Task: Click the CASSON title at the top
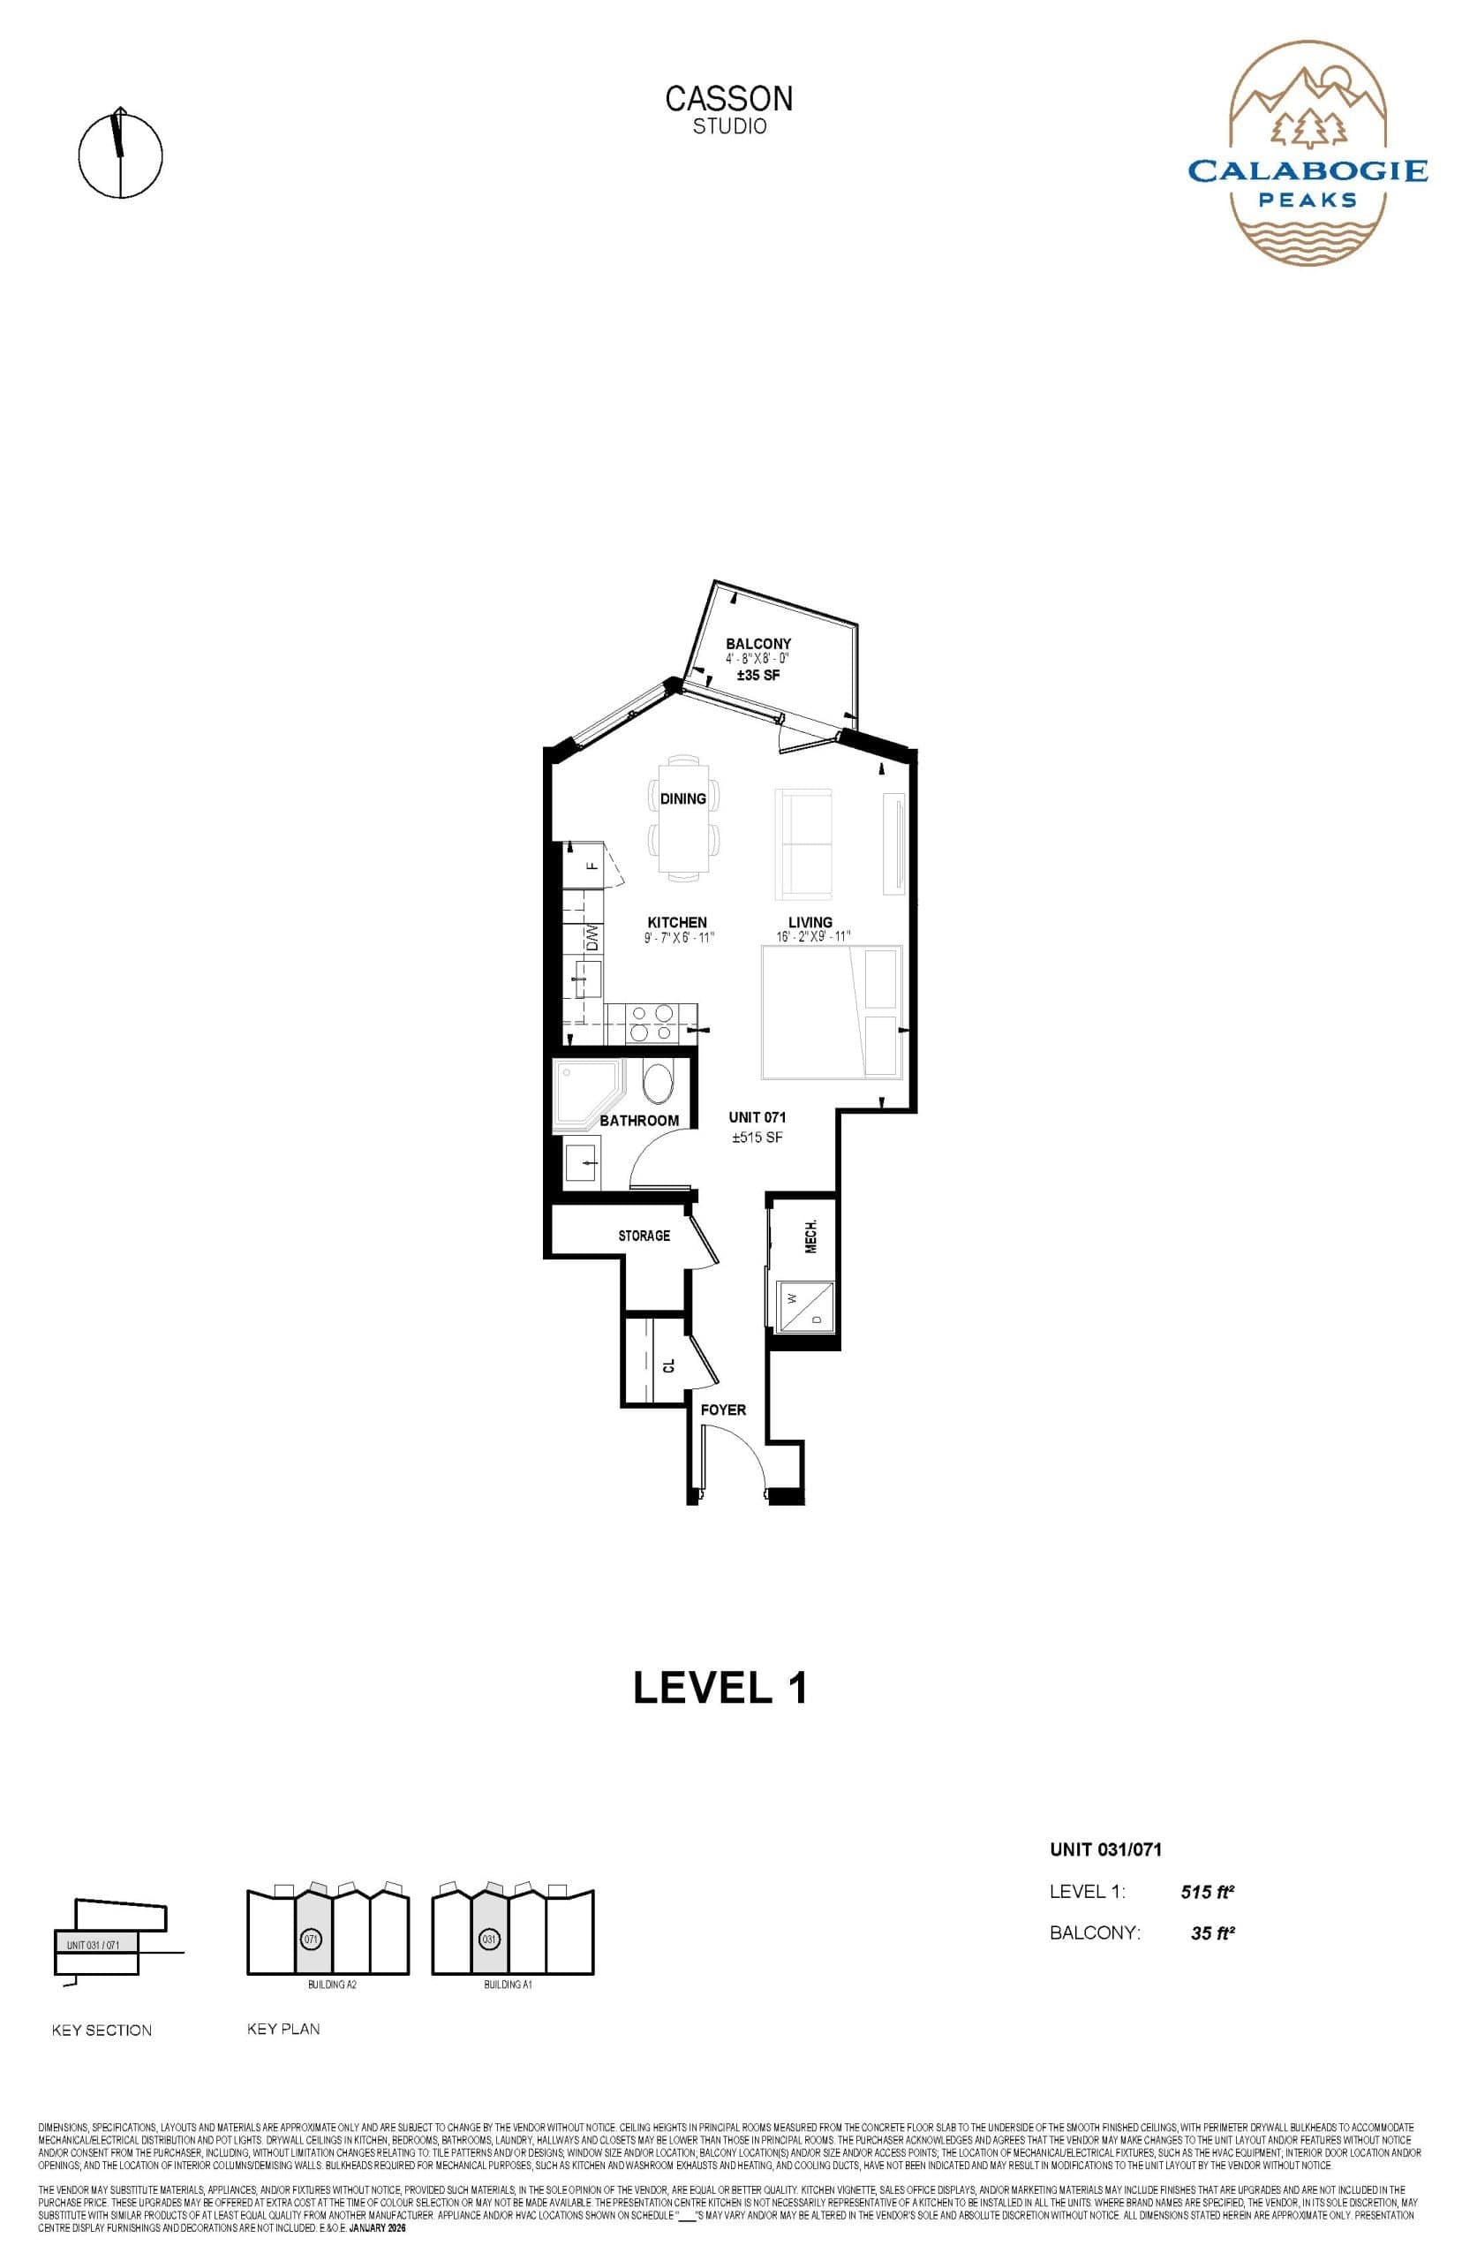pos(728,99)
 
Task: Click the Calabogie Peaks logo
pos(1308,156)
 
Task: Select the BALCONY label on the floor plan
pos(757,643)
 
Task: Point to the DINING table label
pos(682,798)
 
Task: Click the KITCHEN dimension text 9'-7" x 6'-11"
pos(678,937)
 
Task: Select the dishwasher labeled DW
pos(592,938)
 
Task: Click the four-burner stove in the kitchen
pos(652,1024)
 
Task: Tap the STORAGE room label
pos(644,1236)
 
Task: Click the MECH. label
pos(810,1236)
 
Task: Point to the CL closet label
pos(668,1365)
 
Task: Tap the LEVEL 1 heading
pos(720,1688)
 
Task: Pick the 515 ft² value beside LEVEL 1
pos(1207,1892)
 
